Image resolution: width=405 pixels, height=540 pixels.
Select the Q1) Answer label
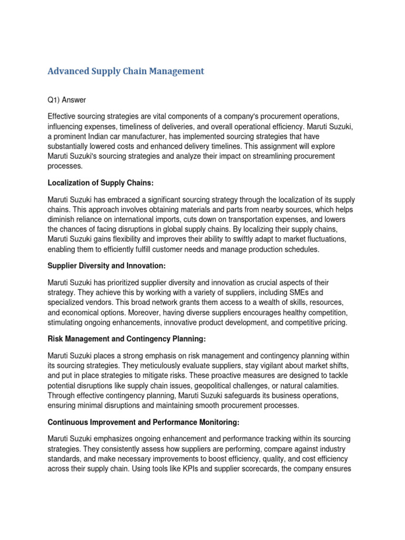click(66, 99)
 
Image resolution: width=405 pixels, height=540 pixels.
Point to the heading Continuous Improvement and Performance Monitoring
click(143, 422)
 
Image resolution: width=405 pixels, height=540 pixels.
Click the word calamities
click(323, 385)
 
